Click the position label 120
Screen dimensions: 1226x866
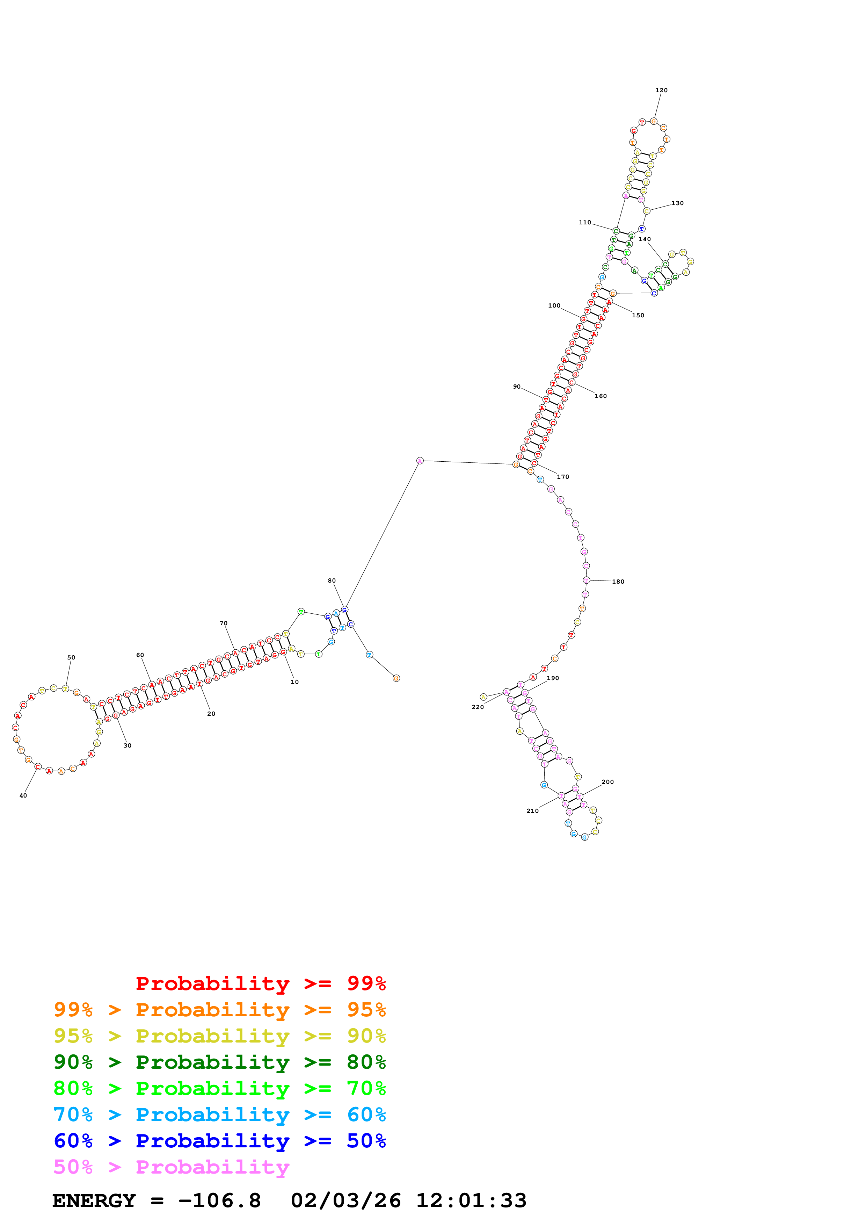661,90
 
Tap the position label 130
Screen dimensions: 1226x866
677,203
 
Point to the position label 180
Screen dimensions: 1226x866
618,582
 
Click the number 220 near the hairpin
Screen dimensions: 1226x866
478,707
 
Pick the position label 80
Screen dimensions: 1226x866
332,580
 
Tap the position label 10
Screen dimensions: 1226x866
294,682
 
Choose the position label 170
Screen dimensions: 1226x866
563,477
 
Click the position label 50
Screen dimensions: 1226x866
71,657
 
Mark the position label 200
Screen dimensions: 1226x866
608,782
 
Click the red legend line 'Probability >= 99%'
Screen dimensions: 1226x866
260,983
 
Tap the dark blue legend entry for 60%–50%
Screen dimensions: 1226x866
219,1141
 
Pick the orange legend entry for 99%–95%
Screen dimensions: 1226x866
219,1009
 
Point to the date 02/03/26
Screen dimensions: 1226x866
346,1200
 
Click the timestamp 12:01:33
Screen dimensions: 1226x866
471,1200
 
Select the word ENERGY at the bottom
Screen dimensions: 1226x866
94,1200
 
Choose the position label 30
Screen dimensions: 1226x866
128,745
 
